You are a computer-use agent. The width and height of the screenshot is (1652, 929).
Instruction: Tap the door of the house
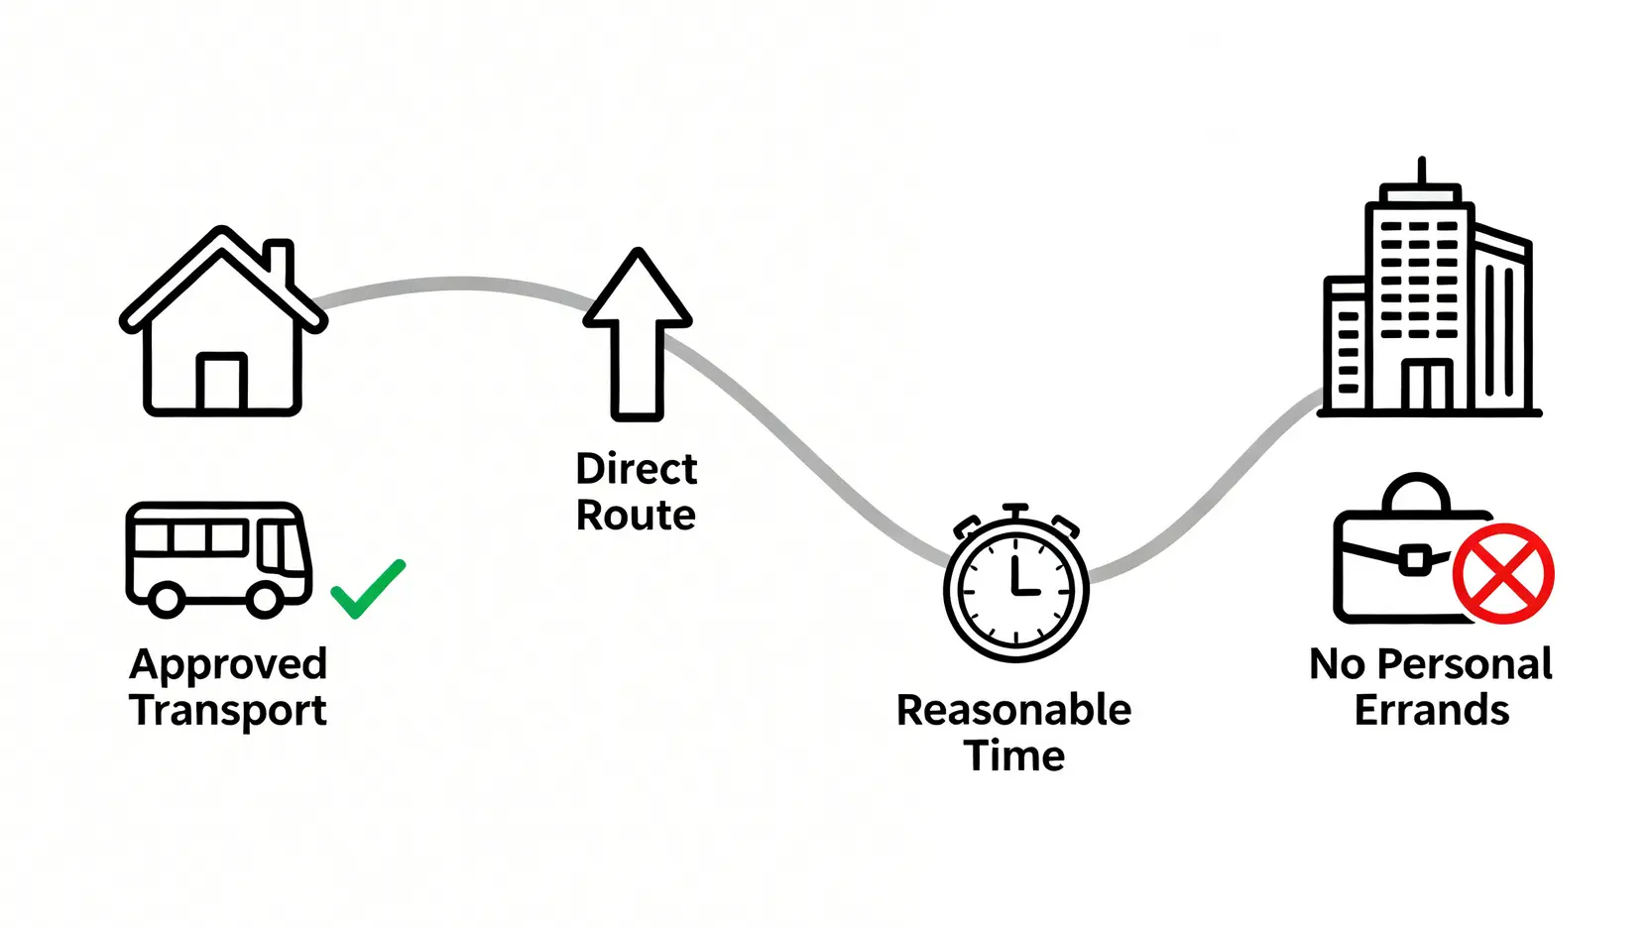pos(221,382)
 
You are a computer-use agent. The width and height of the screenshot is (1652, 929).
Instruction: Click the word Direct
pos(636,469)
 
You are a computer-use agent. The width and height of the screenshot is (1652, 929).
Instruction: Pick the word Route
pos(636,516)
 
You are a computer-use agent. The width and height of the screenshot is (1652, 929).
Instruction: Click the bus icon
pos(219,559)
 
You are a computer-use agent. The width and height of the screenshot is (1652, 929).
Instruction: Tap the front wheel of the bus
pos(265,599)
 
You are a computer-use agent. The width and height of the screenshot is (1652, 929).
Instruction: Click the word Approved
pos(228,664)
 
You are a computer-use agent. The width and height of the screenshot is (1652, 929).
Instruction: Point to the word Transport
pos(228,711)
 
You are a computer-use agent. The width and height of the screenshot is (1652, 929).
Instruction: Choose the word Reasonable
pos(1013,711)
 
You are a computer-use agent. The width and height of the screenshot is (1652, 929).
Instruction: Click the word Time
pos(1014,756)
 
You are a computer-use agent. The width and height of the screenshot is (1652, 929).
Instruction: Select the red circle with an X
pos(1503,574)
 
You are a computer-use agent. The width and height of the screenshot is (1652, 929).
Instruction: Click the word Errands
pos(1431,711)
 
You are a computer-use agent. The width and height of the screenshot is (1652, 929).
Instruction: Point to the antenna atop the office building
pos(1422,170)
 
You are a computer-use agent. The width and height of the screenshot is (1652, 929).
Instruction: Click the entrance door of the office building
pos(1429,386)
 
